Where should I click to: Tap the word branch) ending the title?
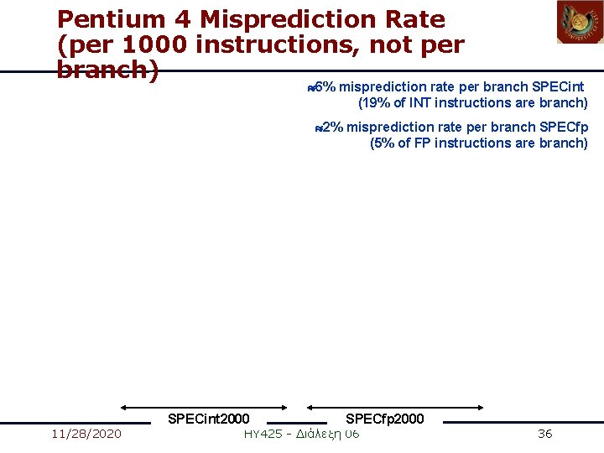click(x=107, y=70)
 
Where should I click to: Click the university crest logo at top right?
click(x=580, y=22)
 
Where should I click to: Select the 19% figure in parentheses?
click(x=374, y=102)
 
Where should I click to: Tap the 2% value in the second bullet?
click(x=333, y=127)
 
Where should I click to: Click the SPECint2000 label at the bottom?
click(x=208, y=419)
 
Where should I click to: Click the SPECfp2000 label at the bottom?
click(x=384, y=419)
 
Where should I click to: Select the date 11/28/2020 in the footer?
click(x=86, y=434)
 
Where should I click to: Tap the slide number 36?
click(x=544, y=434)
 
